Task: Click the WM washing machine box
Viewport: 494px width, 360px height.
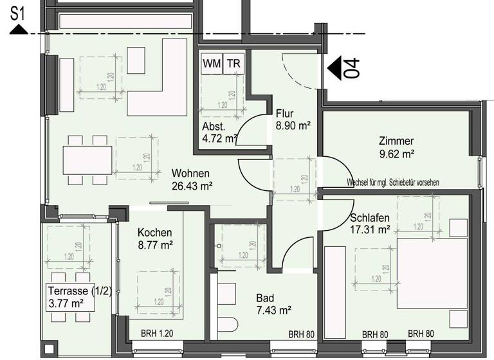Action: [210, 64]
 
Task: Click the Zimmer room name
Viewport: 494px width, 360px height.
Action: [396, 141]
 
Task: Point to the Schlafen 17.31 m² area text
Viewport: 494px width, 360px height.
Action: [370, 229]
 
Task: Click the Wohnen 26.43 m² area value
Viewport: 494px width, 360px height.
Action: [192, 186]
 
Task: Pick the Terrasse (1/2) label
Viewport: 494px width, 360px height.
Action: [79, 291]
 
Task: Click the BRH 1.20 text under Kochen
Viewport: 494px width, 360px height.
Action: [158, 334]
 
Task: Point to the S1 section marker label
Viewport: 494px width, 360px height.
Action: [19, 12]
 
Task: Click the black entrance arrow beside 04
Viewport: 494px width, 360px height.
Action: [336, 66]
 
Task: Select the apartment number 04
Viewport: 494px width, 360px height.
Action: [352, 67]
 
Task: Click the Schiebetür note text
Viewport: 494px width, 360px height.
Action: [392, 183]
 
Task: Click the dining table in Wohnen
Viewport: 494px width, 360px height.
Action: [87, 159]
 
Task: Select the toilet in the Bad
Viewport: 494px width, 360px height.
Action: [226, 327]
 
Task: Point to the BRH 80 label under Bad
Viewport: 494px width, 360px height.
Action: [300, 334]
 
